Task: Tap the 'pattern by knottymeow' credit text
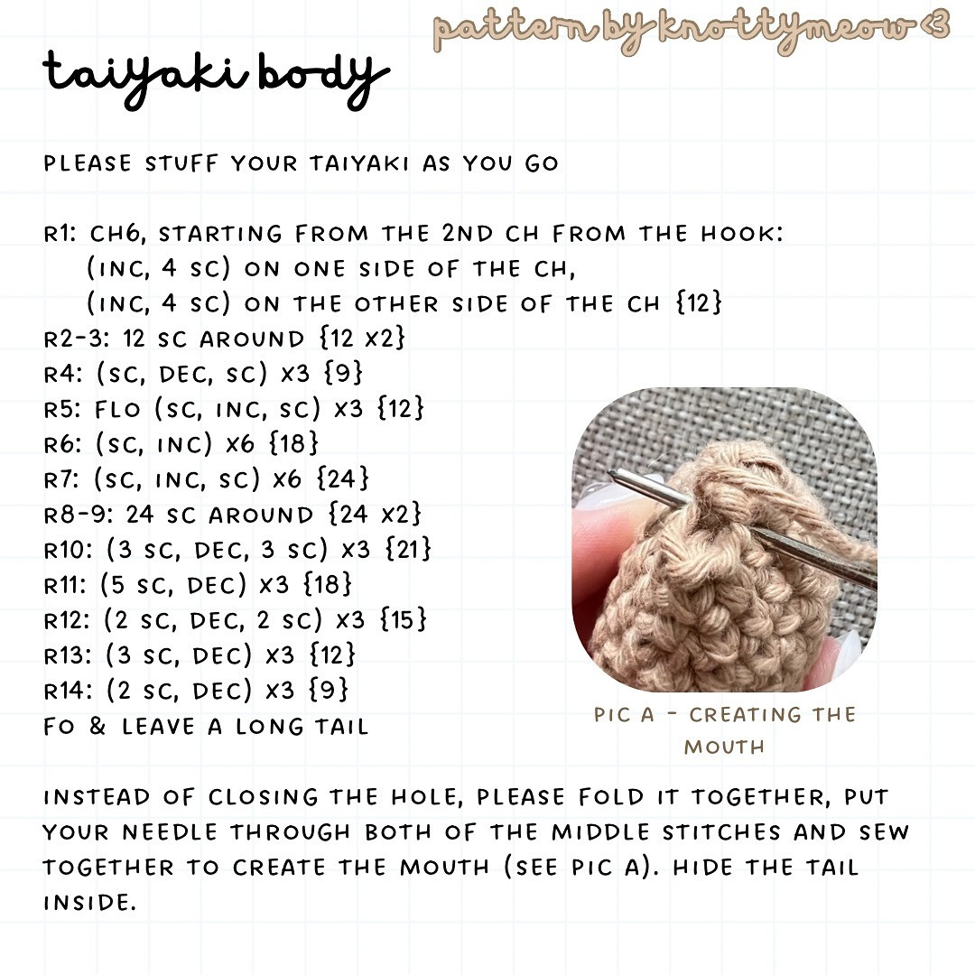pos(691,29)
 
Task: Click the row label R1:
pos(63,235)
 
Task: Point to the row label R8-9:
pos(79,515)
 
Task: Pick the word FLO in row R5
pos(117,409)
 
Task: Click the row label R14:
pos(70,691)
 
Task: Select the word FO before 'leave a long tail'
pos(59,726)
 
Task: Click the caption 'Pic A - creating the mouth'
pos(724,730)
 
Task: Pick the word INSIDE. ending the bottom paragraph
pos(89,902)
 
